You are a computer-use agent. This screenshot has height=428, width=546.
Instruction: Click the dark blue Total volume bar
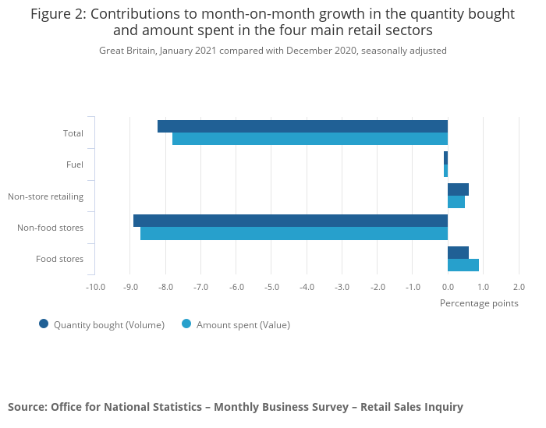[303, 126]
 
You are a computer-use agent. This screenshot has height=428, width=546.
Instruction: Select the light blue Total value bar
[310, 139]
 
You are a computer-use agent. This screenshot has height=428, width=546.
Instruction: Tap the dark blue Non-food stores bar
[291, 221]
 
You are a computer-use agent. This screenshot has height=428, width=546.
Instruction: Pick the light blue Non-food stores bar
[294, 233]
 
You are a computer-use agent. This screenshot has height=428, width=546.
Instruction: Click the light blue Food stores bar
[463, 265]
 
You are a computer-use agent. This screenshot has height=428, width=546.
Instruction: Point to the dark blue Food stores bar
[459, 253]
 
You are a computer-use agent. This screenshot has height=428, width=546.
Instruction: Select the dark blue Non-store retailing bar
[459, 189]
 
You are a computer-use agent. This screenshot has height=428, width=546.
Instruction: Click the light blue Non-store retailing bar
[456, 202]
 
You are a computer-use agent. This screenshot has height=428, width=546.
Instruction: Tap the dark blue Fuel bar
[445, 158]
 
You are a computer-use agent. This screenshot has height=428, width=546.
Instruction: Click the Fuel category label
[75, 164]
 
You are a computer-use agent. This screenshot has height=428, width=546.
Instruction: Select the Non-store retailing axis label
[45, 196]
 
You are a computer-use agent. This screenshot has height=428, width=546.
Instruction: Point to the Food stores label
[59, 259]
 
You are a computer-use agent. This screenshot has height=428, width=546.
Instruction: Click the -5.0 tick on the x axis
[271, 287]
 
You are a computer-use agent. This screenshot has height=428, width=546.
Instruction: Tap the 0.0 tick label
[448, 287]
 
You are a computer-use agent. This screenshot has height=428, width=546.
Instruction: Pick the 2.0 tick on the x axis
[519, 287]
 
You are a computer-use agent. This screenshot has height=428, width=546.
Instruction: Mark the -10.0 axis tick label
[95, 287]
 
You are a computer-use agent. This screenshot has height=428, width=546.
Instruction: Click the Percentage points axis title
[479, 303]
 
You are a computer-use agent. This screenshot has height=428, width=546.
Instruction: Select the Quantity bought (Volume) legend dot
[44, 324]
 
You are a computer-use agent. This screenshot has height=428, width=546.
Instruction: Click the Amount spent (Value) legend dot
[186, 324]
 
